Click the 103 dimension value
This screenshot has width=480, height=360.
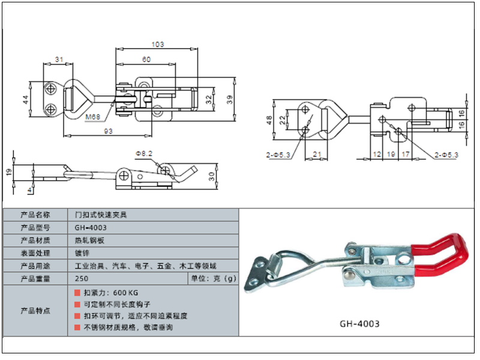(x=158, y=44)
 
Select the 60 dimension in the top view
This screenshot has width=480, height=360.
(x=146, y=59)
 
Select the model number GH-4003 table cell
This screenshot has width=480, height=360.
(x=91, y=227)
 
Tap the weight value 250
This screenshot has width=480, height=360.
(x=82, y=278)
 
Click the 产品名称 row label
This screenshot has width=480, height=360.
(x=35, y=214)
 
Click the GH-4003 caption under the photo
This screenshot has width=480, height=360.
(x=359, y=324)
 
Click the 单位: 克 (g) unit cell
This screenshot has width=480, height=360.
(x=214, y=278)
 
